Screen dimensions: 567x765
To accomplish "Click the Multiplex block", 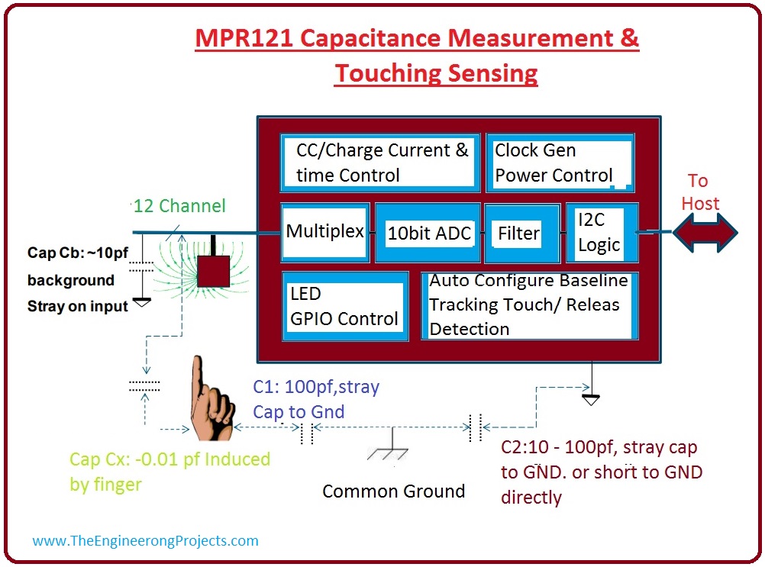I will (x=325, y=232).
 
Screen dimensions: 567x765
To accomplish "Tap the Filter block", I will (x=518, y=234).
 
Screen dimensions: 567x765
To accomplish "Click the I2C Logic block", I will (x=600, y=233).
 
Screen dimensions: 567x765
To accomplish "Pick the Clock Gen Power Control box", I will (x=560, y=164).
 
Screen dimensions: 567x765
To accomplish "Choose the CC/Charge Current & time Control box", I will (x=378, y=163).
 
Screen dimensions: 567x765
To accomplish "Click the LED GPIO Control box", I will (x=344, y=306).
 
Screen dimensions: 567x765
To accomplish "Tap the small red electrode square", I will (x=214, y=270).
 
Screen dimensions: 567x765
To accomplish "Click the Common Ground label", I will (x=393, y=491).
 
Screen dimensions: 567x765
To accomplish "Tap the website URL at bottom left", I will (x=145, y=540).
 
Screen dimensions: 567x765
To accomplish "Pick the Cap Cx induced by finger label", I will (x=169, y=472).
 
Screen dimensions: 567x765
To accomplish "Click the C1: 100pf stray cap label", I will (x=316, y=398).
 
